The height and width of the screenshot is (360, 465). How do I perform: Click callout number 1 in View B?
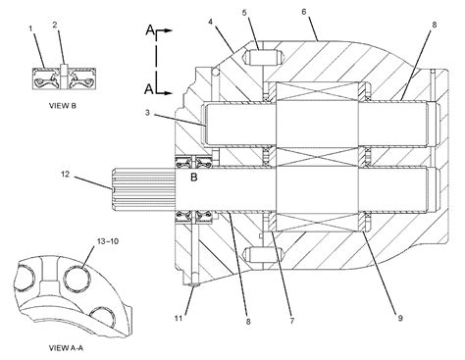click(x=30, y=28)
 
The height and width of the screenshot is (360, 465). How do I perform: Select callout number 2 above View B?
click(x=55, y=25)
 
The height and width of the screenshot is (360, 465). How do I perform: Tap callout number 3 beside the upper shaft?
click(x=147, y=113)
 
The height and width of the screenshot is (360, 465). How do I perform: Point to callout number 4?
click(x=211, y=22)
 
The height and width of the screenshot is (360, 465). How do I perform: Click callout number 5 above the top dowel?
click(x=244, y=13)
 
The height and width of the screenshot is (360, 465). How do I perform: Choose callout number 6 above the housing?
click(x=304, y=12)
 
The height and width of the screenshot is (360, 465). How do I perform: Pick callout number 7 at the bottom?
click(x=292, y=321)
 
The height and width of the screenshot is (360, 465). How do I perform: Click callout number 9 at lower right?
click(x=400, y=318)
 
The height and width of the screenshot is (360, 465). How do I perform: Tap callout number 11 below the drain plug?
click(x=179, y=318)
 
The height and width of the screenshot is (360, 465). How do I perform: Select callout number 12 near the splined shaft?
click(x=66, y=175)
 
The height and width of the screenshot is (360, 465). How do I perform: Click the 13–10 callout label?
click(x=108, y=241)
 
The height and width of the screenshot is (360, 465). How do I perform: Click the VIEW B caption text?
click(x=63, y=106)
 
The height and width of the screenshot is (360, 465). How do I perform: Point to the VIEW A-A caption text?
click(x=66, y=348)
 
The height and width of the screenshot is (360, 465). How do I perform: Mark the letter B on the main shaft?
click(x=194, y=178)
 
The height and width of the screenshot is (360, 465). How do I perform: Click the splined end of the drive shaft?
click(x=144, y=188)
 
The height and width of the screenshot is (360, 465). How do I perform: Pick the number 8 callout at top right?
click(x=435, y=25)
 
